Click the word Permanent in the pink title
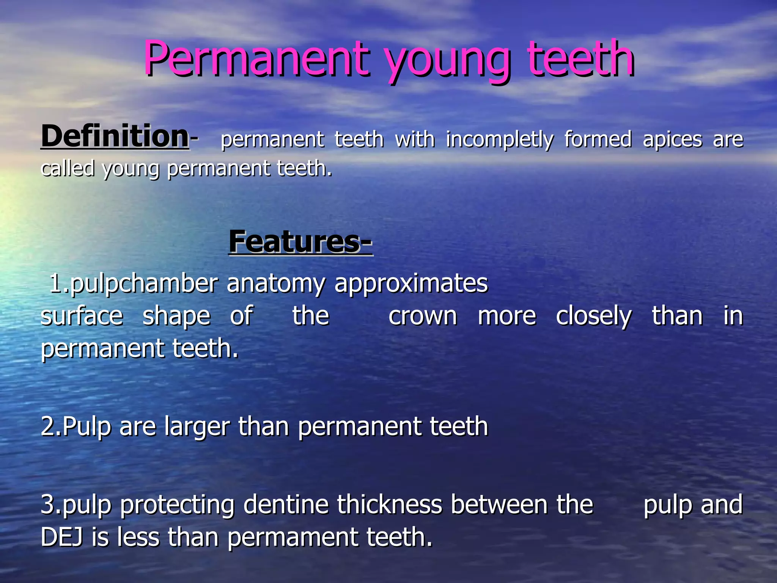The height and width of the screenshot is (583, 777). click(x=256, y=59)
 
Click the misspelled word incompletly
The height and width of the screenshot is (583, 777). click(x=499, y=140)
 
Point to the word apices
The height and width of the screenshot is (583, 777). click(x=673, y=140)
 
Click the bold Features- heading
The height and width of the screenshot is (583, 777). click(x=300, y=242)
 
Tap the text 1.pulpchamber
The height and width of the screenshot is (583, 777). click(x=134, y=284)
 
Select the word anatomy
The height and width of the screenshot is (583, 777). click(x=276, y=284)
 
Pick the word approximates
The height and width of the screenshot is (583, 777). click(x=411, y=284)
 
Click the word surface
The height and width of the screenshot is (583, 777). click(x=82, y=316)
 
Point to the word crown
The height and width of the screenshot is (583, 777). click(x=423, y=316)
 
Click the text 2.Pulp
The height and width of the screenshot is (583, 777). click(x=75, y=427)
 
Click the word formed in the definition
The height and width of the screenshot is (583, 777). click(x=598, y=139)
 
